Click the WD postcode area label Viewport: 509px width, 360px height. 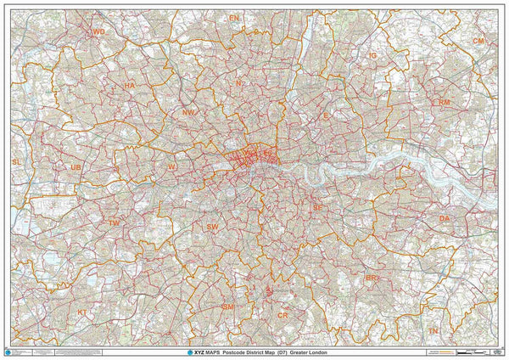[x=98, y=31]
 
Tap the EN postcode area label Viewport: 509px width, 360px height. [x=234, y=17]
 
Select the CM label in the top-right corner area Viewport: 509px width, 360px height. [x=479, y=41]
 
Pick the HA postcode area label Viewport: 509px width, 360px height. [x=130, y=86]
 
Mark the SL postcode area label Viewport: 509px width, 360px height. [x=16, y=160]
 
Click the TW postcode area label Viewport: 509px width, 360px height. [x=114, y=222]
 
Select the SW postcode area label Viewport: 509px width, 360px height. [x=212, y=227]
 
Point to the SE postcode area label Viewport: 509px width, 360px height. [x=317, y=207]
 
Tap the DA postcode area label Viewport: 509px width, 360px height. [x=445, y=219]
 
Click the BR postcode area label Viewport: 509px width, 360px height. [x=372, y=278]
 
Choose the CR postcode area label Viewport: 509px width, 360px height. [x=283, y=315]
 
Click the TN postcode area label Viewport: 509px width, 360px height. [x=433, y=330]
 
